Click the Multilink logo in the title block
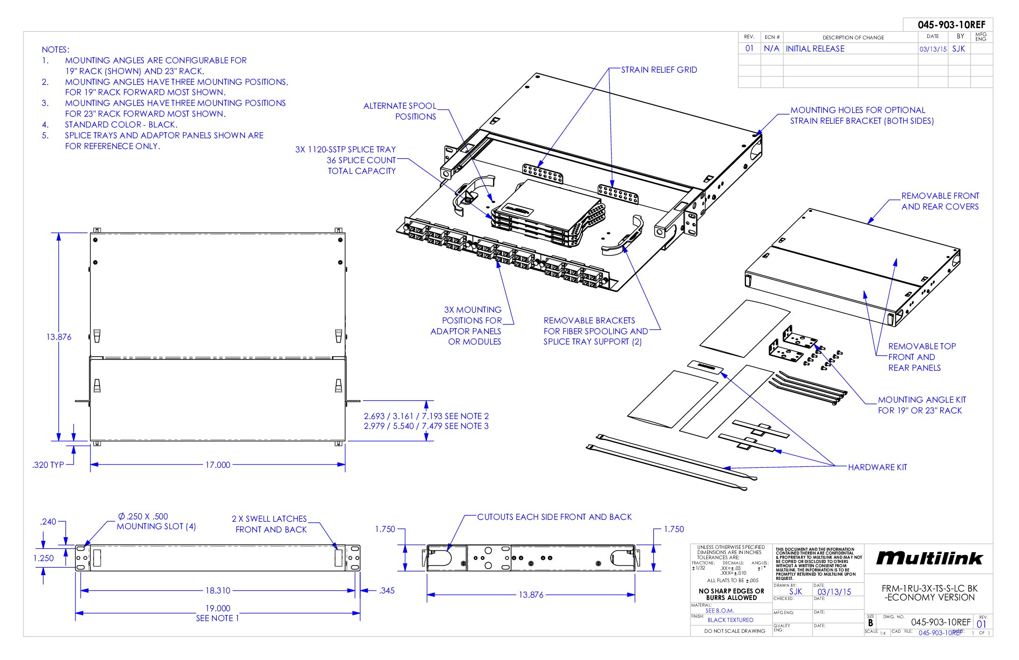click(929, 558)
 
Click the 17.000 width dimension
click(218, 465)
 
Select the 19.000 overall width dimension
click(218, 608)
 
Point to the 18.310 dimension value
click(218, 591)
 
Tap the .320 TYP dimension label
click(48, 465)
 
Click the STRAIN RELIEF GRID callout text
click(659, 70)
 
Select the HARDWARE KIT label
click(877, 467)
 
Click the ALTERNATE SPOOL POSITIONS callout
click(400, 111)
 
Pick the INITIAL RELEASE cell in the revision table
click(815, 49)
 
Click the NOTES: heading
click(55, 50)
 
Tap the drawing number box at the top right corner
click(951, 25)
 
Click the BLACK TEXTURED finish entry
click(730, 620)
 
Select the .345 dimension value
click(387, 591)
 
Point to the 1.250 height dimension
click(44, 558)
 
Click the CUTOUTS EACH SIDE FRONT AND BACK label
click(554, 517)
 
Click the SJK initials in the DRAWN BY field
click(795, 592)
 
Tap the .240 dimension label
click(48, 521)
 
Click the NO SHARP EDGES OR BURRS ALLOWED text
click(731, 594)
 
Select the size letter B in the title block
click(870, 623)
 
